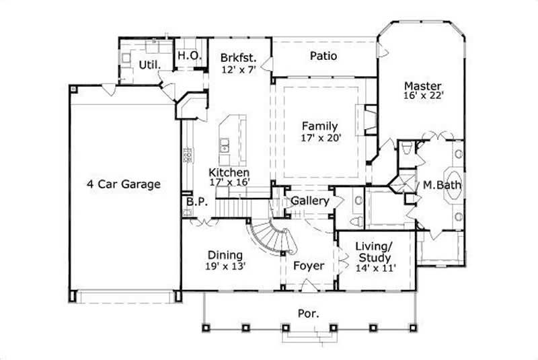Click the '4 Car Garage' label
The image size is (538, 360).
click(123, 184)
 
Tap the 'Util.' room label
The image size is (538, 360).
click(149, 65)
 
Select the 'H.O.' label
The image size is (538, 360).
click(189, 57)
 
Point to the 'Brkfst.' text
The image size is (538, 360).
click(239, 57)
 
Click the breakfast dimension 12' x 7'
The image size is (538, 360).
click(239, 69)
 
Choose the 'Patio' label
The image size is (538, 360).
click(323, 57)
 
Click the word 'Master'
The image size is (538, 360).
click(422, 85)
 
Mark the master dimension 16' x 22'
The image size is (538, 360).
click(422, 96)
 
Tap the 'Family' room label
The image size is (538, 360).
click(319, 126)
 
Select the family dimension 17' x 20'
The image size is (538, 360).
click(319, 138)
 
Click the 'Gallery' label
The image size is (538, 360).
click(310, 201)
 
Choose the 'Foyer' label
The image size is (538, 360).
click(309, 266)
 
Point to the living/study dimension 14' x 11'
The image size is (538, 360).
click(375, 268)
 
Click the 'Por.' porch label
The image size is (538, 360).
click(309, 313)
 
